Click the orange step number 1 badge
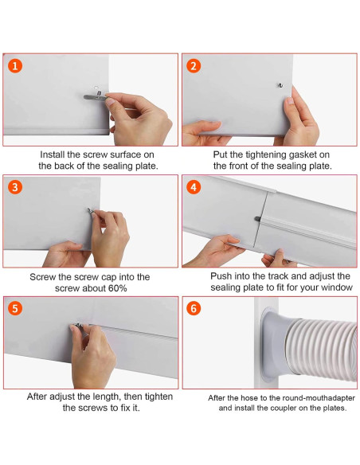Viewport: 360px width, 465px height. click(15, 66)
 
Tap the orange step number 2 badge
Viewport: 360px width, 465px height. click(194, 66)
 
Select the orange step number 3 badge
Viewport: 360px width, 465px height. click(15, 187)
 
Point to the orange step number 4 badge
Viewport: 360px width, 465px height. click(194, 187)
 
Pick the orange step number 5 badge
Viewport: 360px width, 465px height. click(15, 308)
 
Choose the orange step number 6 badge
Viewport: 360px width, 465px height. click(194, 308)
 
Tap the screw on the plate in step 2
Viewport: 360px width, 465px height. click(280, 85)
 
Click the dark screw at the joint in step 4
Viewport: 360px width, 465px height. click(257, 219)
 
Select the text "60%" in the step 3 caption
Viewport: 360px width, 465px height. click(117, 288)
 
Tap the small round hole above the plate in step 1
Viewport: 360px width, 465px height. click(96, 88)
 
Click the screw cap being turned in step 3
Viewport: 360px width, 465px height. click(91, 211)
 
